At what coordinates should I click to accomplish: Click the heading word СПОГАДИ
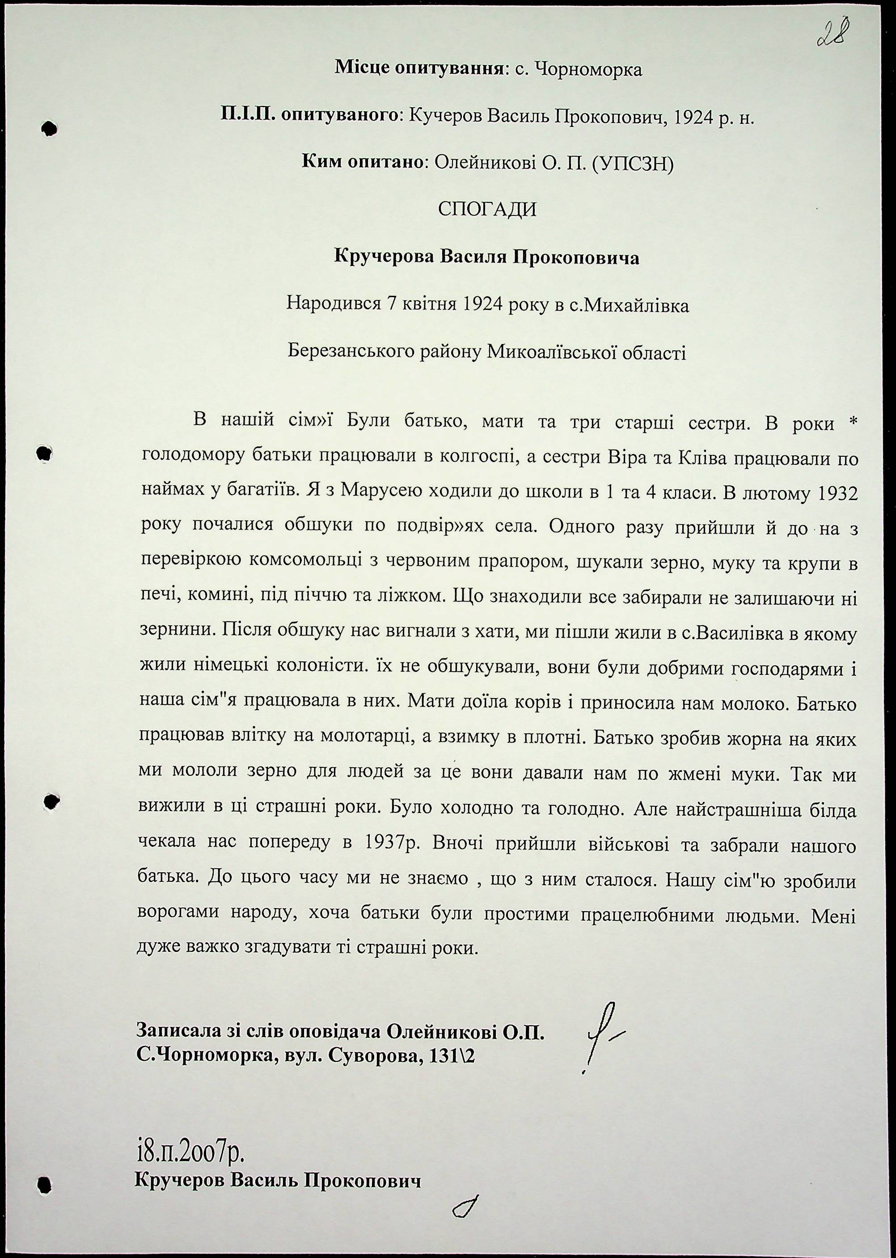coord(486,210)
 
